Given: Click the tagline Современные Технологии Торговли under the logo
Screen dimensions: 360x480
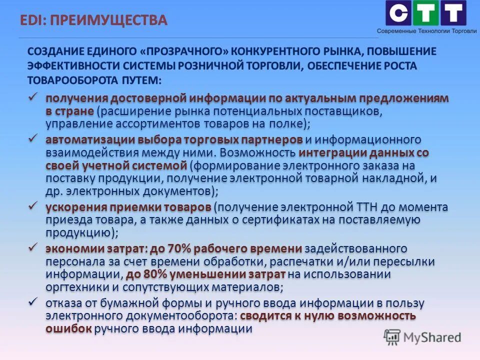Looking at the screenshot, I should point(427,31).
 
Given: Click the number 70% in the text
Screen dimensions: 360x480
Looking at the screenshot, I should point(181,248).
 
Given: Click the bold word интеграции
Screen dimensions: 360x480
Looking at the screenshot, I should point(330,152).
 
